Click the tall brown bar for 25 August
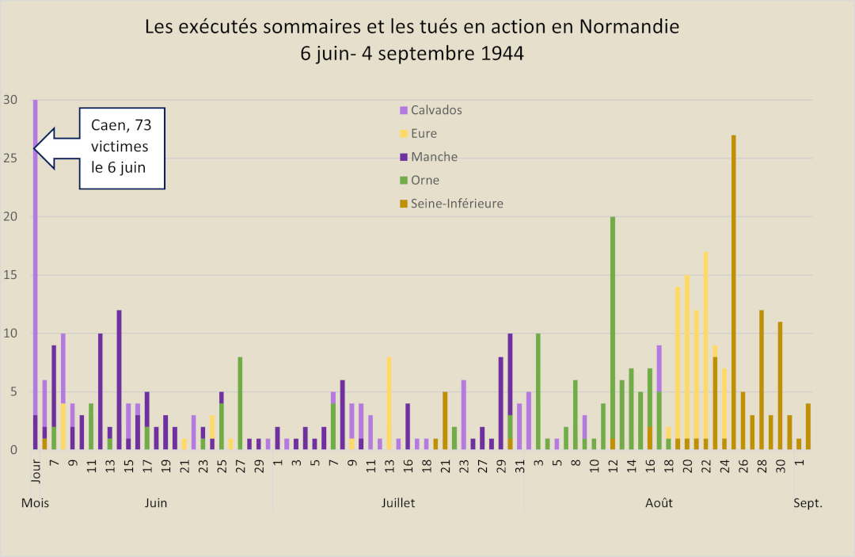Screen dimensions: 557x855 point(733,293)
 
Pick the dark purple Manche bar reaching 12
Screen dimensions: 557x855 point(120,380)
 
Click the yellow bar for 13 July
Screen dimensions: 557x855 point(389,404)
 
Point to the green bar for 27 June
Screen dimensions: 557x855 point(240,404)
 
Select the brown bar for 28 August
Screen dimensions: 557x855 point(761,380)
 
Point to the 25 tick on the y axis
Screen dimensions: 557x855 point(10,158)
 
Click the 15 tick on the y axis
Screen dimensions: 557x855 point(10,275)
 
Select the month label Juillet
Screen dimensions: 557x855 point(397,503)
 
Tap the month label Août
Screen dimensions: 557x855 point(659,503)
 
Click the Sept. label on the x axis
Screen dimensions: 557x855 point(808,503)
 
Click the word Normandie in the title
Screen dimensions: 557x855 point(629,27)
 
